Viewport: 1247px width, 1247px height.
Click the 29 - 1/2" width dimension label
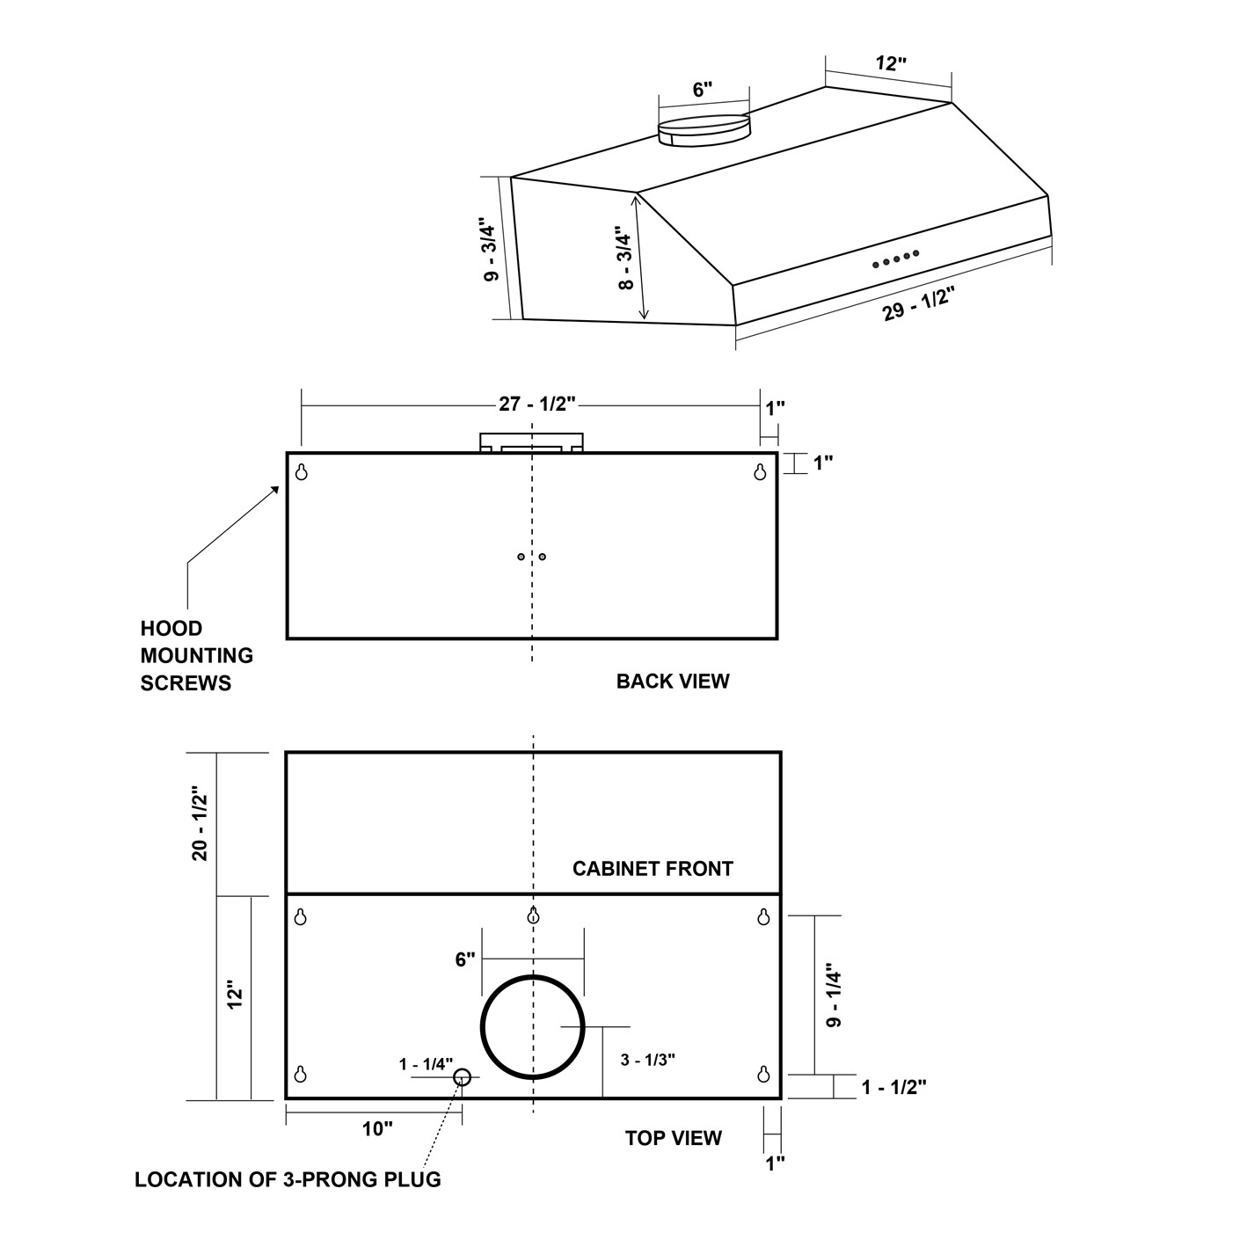click(918, 303)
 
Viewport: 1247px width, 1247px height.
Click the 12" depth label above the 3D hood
click(890, 63)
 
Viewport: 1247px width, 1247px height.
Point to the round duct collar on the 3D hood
click(704, 130)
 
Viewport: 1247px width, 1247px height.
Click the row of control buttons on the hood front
click(895, 259)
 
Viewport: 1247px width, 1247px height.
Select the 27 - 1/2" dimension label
click(536, 404)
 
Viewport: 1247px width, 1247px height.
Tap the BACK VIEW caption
click(672, 682)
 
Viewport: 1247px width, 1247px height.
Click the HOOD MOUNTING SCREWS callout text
click(196, 655)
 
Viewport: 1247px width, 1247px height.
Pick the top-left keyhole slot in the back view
click(302, 472)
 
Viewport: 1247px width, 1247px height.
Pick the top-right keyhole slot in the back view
click(761, 472)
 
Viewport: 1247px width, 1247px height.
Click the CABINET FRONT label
click(653, 869)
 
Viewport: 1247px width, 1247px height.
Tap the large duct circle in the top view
click(532, 1026)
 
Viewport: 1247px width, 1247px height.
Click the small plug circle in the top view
click(462, 1076)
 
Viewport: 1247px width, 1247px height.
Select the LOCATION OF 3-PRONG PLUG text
click(288, 1179)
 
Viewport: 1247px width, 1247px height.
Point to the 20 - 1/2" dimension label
click(201, 824)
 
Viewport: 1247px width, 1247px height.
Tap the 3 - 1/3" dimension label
click(647, 1060)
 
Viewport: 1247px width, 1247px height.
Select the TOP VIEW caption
click(673, 1138)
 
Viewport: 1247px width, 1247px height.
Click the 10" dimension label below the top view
click(377, 1129)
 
